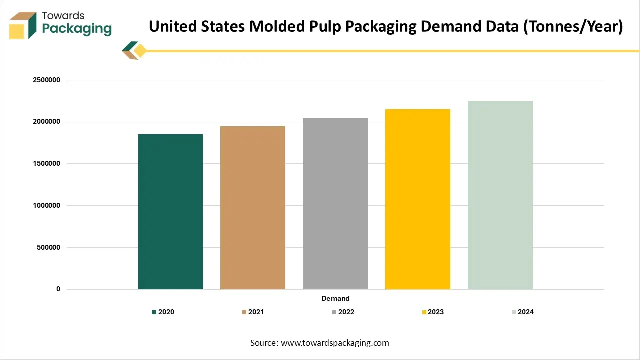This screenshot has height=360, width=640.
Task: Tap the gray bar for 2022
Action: pyautogui.click(x=335, y=203)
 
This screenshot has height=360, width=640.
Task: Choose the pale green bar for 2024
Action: pyautogui.click(x=500, y=195)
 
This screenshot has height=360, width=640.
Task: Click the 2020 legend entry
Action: pyautogui.click(x=163, y=312)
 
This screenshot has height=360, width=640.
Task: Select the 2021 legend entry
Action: pyautogui.click(x=253, y=312)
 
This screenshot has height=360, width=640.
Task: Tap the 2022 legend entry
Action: pyautogui.click(x=343, y=312)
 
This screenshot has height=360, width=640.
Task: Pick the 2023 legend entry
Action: pyautogui.click(x=432, y=312)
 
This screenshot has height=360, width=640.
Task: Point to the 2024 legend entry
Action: pyautogui.click(x=522, y=312)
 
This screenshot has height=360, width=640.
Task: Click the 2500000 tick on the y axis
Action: pyautogui.click(x=46, y=80)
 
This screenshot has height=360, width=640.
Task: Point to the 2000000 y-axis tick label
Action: pyautogui.click(x=46, y=122)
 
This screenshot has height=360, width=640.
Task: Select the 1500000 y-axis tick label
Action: pyautogui.click(x=46, y=164)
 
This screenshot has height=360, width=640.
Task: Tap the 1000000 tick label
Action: pyautogui.click(x=46, y=205)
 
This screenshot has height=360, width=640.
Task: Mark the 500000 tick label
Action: pyautogui.click(x=48, y=247)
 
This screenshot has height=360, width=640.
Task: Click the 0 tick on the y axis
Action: pyautogui.click(x=58, y=289)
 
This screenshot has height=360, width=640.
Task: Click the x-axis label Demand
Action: pyautogui.click(x=335, y=298)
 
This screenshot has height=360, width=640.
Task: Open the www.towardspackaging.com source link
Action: pyautogui.click(x=335, y=343)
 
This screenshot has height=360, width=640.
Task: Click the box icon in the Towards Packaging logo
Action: pyautogui.click(x=23, y=25)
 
